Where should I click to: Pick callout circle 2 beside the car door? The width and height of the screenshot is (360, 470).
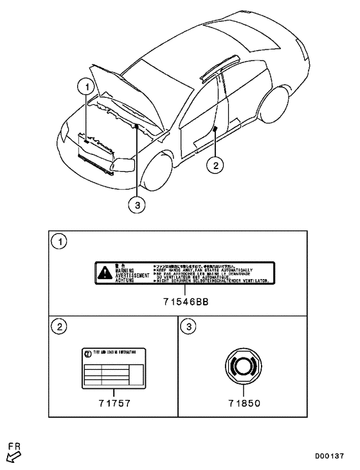[x=217, y=166]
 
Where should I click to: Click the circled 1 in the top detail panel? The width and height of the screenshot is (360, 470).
[x=60, y=242]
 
